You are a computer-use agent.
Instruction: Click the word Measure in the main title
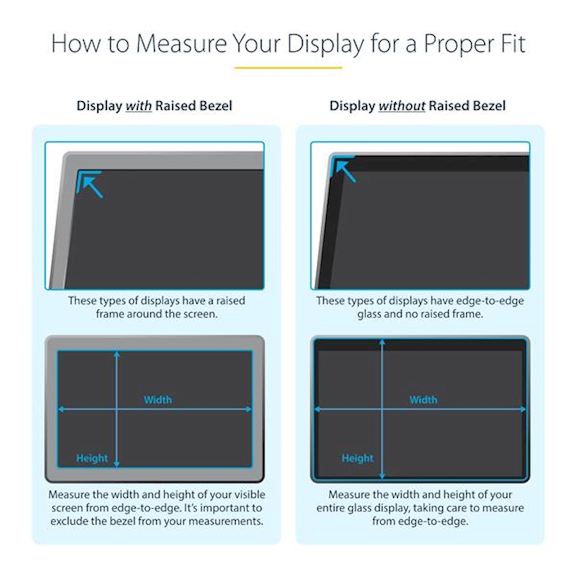pyautogui.click(x=182, y=44)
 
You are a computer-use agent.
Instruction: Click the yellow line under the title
pyautogui.click(x=289, y=67)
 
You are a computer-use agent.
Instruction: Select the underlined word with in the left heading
pyautogui.click(x=138, y=106)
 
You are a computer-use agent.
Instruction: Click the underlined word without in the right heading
pyautogui.click(x=402, y=106)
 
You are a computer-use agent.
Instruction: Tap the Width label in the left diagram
pyautogui.click(x=157, y=400)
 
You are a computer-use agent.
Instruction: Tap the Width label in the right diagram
pyautogui.click(x=423, y=400)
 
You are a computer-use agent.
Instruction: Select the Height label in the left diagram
pyautogui.click(x=92, y=458)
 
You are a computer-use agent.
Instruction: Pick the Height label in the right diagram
pyautogui.click(x=357, y=458)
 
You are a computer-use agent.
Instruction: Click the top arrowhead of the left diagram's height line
pyautogui.click(x=117, y=354)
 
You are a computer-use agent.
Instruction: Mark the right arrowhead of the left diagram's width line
pyautogui.click(x=249, y=409)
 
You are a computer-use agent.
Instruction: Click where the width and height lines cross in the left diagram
pyautogui.click(x=117, y=409)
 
